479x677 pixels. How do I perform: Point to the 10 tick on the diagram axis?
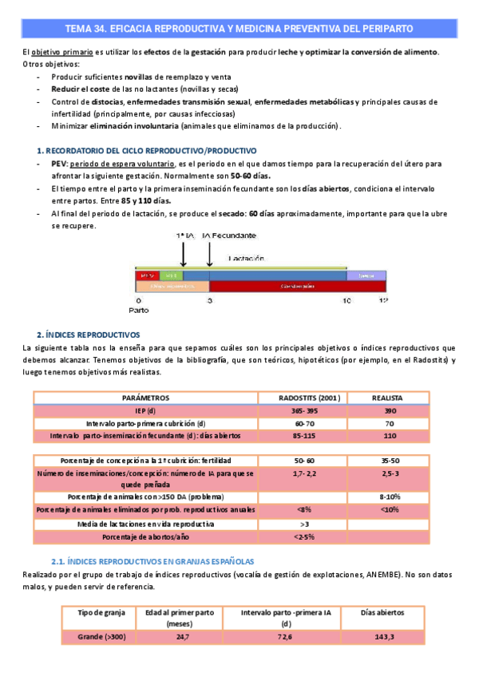pyautogui.click(x=347, y=300)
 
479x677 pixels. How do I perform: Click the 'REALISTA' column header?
pyautogui.click(x=387, y=397)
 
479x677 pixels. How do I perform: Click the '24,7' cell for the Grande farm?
pyautogui.click(x=183, y=636)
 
